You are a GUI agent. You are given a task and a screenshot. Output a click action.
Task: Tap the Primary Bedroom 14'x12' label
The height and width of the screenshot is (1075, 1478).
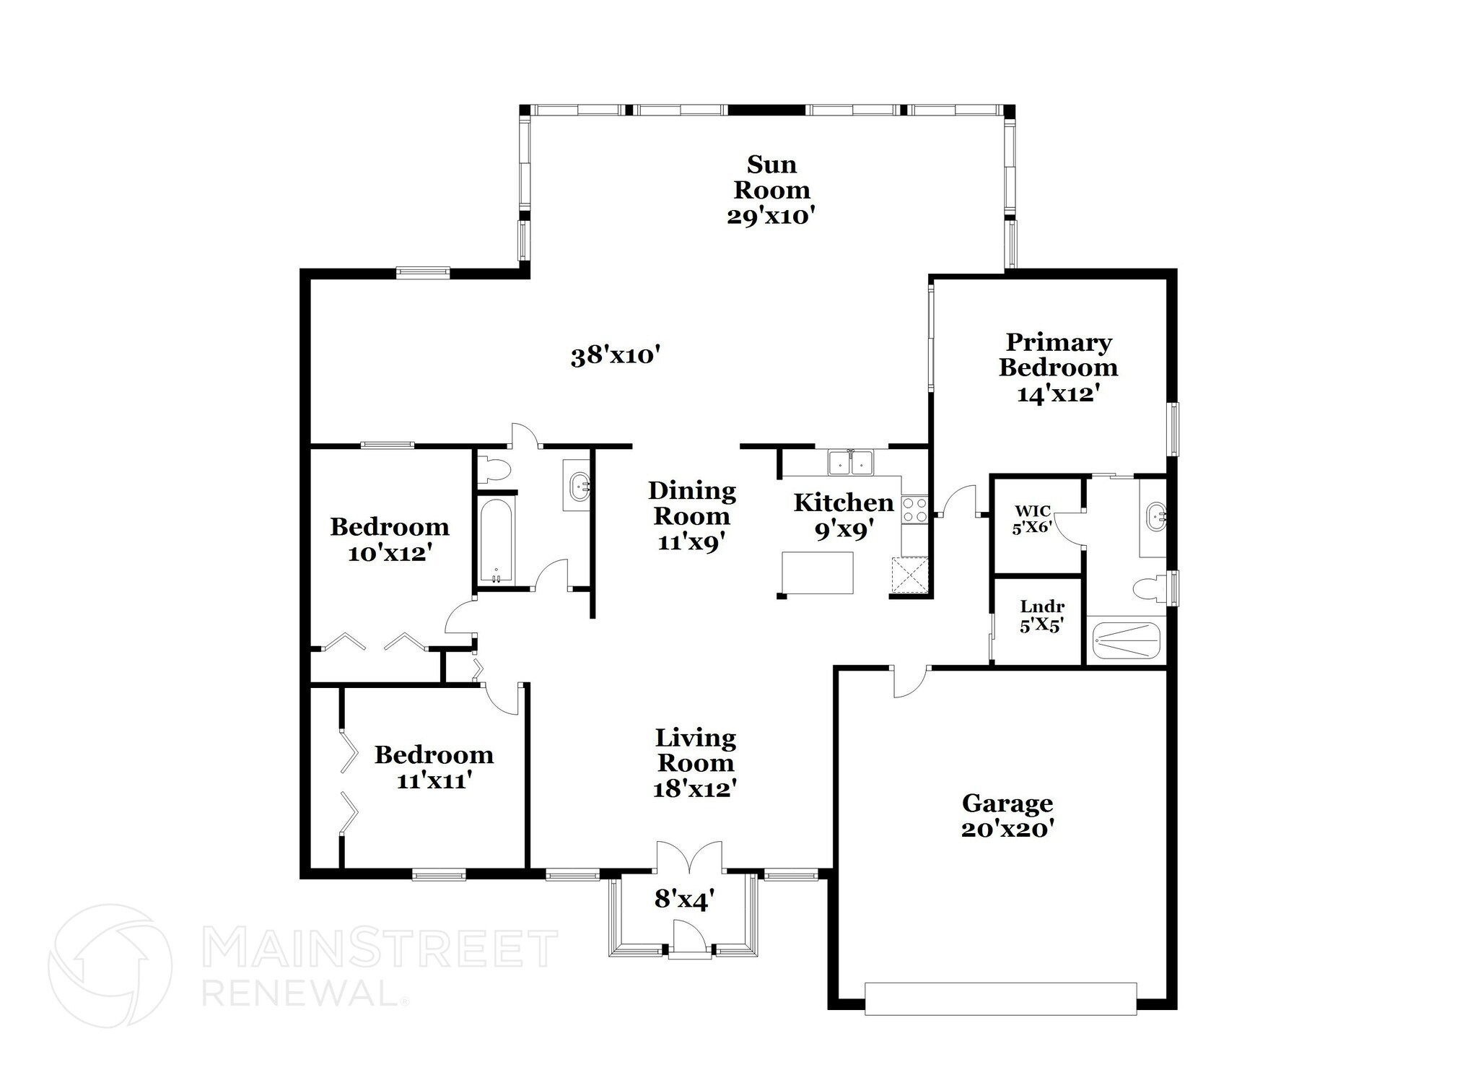tap(1058, 367)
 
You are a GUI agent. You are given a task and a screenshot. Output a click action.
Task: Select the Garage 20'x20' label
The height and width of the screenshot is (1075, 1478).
tap(1007, 814)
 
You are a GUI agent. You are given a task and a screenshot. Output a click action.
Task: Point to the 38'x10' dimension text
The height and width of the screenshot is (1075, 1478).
tap(616, 356)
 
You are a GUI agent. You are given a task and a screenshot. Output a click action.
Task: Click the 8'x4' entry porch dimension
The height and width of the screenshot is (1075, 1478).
tap(684, 900)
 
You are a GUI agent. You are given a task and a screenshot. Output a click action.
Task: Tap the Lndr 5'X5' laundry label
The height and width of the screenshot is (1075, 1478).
tap(1041, 616)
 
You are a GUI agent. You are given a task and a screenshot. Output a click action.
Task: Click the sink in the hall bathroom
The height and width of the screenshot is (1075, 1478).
tap(579, 488)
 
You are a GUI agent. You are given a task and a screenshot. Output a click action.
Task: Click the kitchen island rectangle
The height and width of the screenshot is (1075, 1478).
tap(818, 573)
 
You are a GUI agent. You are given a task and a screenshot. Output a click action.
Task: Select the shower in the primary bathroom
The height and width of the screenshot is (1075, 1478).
tap(1126, 640)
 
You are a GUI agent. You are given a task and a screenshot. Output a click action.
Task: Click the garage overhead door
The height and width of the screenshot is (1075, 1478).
tap(1000, 998)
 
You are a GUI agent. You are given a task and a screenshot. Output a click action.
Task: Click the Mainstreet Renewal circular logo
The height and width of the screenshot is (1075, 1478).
tap(110, 966)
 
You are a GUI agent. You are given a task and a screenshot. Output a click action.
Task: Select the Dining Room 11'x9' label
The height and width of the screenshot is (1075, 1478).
tap(692, 516)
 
